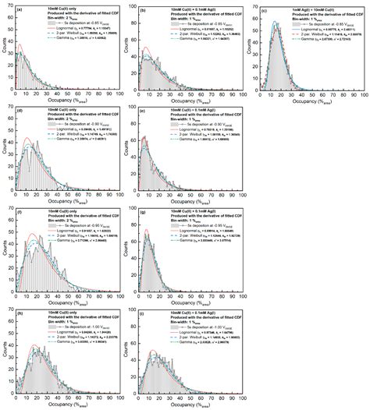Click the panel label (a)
(x=19, y=11)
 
